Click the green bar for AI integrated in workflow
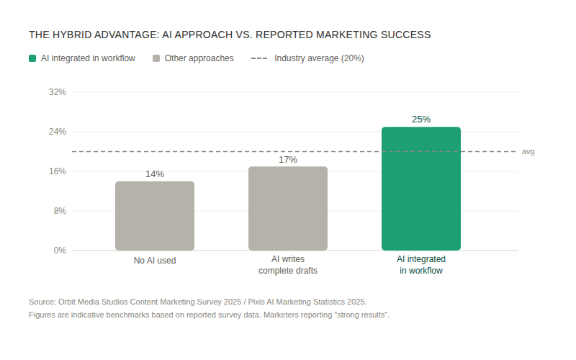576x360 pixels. [x=421, y=189]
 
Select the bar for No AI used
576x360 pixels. [x=155, y=216]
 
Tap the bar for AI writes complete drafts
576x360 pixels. [x=288, y=209]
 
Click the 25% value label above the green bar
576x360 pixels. [x=421, y=120]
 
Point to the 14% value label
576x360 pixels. [x=155, y=174]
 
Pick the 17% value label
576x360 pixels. [x=288, y=160]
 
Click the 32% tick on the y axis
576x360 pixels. [x=58, y=92]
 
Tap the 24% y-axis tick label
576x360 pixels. [x=58, y=132]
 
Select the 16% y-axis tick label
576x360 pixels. [x=58, y=171]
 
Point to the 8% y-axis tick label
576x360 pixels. [x=60, y=211]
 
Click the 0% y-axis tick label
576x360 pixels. [x=60, y=251]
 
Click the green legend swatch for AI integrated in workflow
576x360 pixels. [x=33, y=58]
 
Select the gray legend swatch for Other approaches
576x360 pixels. [x=156, y=58]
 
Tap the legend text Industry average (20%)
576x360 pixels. [x=319, y=58]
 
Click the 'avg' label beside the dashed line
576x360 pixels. [x=528, y=152]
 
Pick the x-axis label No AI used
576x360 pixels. [x=155, y=261]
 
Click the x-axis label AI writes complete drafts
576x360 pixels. [x=288, y=265]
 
